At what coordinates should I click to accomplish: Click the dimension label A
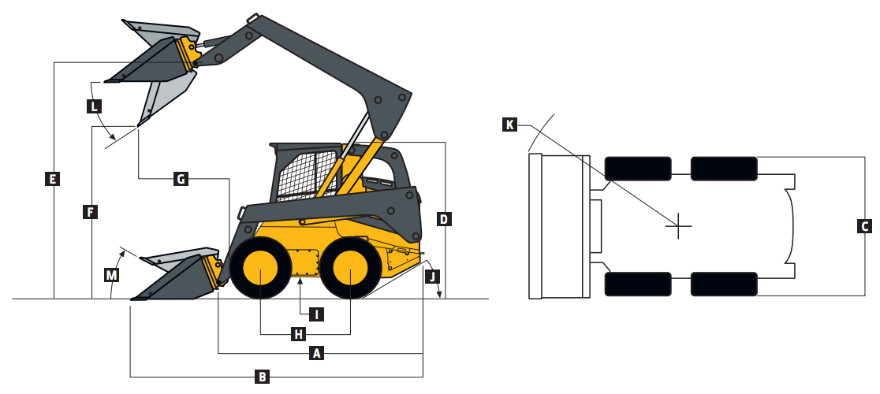pyautogui.click(x=317, y=354)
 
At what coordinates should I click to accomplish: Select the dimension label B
pyautogui.click(x=262, y=377)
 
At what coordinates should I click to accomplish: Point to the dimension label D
pyautogui.click(x=445, y=219)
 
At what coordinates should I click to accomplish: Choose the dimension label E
pyautogui.click(x=52, y=179)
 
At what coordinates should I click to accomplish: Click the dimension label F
pyautogui.click(x=91, y=211)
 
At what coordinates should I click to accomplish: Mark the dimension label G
pyautogui.click(x=181, y=179)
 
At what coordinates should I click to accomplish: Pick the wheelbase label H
pyautogui.click(x=298, y=334)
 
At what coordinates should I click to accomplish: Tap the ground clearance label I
pyautogui.click(x=315, y=314)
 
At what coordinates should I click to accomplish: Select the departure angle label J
pyautogui.click(x=431, y=276)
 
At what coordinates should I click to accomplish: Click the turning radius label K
pyautogui.click(x=510, y=125)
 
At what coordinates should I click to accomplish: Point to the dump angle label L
pyautogui.click(x=93, y=106)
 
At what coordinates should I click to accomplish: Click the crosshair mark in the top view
pyautogui.click(x=678, y=226)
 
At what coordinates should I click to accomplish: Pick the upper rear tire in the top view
pyautogui.click(x=724, y=169)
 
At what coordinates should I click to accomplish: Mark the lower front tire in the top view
pyautogui.click(x=638, y=284)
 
